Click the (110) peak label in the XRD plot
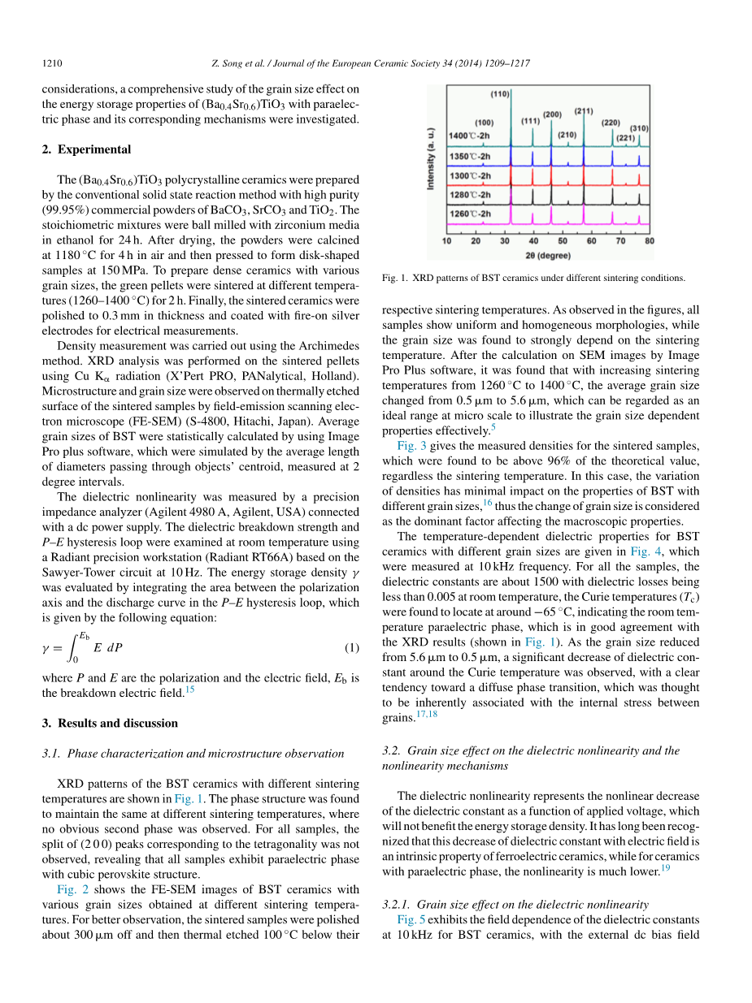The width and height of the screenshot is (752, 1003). click(x=500, y=94)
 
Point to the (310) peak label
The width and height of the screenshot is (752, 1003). click(x=639, y=128)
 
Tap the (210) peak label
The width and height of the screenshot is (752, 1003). click(x=567, y=135)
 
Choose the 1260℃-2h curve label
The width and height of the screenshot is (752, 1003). click(x=471, y=214)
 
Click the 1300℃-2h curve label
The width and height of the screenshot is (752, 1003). click(x=471, y=175)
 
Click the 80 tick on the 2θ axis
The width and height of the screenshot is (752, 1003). click(x=649, y=241)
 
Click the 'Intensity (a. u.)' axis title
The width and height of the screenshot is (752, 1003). click(x=431, y=159)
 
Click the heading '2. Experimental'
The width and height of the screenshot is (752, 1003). click(x=86, y=149)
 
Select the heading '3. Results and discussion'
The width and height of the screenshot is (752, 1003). click(x=110, y=723)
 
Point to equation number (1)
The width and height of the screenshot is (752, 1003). click(x=351, y=624)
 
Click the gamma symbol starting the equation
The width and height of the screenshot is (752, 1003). click(x=46, y=625)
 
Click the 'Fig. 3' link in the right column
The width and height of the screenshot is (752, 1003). click(x=412, y=446)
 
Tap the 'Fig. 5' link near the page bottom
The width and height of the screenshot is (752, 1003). click(x=412, y=919)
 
